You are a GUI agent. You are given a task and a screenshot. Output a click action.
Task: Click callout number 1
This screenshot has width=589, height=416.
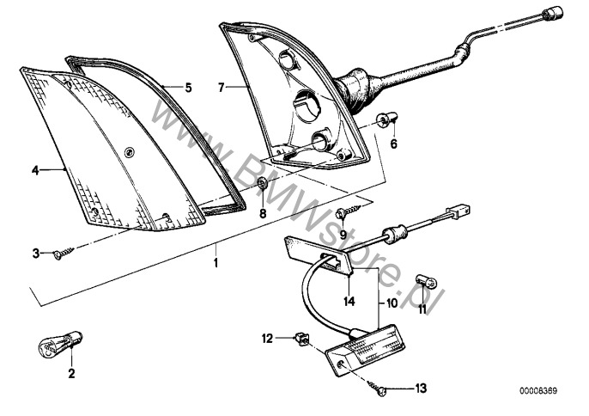click(x=216, y=262)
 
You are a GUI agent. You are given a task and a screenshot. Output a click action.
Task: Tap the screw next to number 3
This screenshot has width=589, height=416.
click(x=64, y=253)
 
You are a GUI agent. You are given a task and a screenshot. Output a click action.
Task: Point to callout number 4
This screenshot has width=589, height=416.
click(x=35, y=171)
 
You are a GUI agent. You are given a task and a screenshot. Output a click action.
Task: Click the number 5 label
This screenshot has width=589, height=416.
click(x=188, y=88)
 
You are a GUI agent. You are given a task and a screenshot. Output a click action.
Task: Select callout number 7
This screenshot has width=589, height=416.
click(x=222, y=88)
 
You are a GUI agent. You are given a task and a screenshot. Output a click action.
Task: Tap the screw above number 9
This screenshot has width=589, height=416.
click(x=349, y=211)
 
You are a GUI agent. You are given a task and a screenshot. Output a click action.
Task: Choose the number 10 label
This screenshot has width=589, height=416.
click(x=392, y=303)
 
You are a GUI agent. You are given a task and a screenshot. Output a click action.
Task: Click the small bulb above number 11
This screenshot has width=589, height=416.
click(x=426, y=281)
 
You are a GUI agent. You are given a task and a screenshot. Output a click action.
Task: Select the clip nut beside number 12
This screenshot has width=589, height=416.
click(x=302, y=338)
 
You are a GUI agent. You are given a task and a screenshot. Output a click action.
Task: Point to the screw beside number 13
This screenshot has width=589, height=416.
click(x=377, y=388)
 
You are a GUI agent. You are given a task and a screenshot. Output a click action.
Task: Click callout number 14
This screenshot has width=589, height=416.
click(x=349, y=302)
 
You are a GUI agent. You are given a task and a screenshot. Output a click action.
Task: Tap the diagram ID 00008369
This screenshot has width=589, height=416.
click(x=538, y=391)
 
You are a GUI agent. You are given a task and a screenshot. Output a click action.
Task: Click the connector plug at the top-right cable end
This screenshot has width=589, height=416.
click(x=553, y=14)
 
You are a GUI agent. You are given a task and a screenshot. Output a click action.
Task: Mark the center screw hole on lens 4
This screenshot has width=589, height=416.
click(x=130, y=152)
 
